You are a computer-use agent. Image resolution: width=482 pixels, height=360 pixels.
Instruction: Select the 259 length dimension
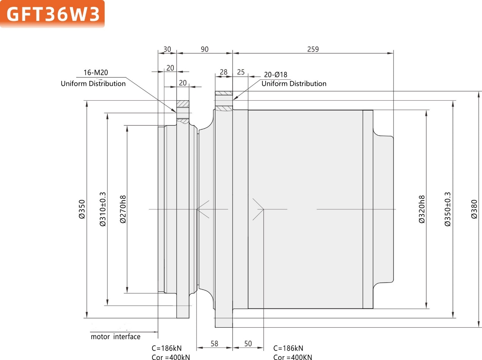pos(313,49)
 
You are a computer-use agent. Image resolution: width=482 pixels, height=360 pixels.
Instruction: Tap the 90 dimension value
pos(205,49)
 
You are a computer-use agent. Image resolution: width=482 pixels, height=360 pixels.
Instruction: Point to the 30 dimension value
pos(167,49)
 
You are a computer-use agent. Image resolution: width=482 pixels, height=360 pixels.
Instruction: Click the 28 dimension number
pos(224,72)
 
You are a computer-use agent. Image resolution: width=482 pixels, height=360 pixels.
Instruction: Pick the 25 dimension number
pos(241,72)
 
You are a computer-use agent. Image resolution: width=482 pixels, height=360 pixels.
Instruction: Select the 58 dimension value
pos(214,343)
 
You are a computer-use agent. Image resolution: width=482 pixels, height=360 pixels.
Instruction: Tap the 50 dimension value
pos(248,343)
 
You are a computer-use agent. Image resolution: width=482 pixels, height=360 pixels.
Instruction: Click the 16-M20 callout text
pos(95,73)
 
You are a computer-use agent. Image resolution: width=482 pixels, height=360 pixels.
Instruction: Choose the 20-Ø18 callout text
pos(276,75)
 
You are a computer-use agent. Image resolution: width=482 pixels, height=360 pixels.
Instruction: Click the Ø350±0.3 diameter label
pos(448,209)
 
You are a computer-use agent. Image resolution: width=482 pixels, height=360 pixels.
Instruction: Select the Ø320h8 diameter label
pos(422,209)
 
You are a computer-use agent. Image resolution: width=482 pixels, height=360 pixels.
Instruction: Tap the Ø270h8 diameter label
pos(123,209)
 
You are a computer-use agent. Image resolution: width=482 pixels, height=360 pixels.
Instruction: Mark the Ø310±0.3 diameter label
pos(102,209)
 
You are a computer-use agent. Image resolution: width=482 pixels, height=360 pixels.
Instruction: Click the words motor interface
pos(115,336)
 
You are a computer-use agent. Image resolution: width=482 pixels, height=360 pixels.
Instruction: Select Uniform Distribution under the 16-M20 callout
pos(93,84)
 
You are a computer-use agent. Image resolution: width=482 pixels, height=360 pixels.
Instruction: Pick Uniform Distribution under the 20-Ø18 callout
pos(294,84)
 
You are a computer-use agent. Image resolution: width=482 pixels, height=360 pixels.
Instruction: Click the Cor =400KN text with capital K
pos(293,357)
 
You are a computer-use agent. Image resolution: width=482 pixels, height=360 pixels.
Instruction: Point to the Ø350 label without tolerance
pos(82,209)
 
